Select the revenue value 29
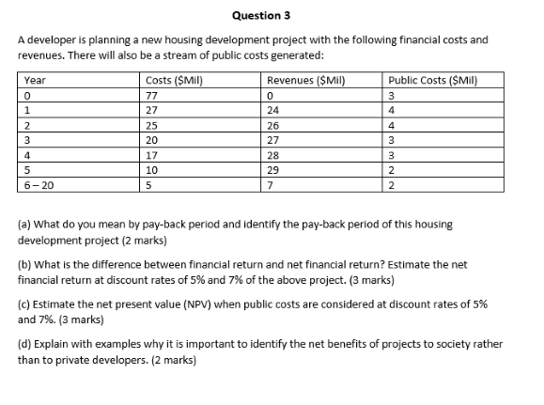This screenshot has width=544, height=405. tap(274, 171)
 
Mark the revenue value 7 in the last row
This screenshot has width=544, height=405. tap(271, 186)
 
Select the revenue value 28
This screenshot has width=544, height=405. tap(274, 155)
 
